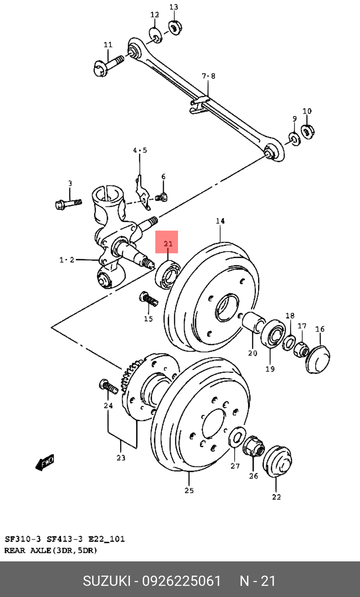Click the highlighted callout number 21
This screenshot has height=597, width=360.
(168, 244)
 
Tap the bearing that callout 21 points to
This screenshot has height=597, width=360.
(167, 275)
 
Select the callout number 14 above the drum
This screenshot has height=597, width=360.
(220, 221)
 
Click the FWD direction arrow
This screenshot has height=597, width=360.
(45, 462)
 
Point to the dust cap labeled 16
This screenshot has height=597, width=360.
(318, 359)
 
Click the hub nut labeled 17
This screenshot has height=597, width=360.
(301, 349)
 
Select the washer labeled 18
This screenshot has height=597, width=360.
(289, 343)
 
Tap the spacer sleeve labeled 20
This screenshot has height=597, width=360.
(253, 322)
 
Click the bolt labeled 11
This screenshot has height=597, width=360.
(108, 65)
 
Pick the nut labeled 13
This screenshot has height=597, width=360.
(175, 27)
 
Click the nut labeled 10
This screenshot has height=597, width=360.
(307, 131)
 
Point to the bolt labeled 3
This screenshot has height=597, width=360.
(68, 204)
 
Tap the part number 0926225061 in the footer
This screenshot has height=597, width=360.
(182, 581)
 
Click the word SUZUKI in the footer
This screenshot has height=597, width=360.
(107, 581)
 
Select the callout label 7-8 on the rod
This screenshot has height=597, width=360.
(209, 76)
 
